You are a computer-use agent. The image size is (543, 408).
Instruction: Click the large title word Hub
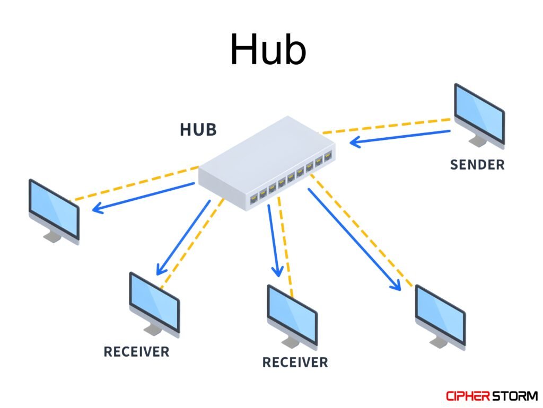(x=268, y=49)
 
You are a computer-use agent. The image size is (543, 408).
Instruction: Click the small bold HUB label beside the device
(x=198, y=129)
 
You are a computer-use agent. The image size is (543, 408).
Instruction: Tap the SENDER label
(x=477, y=165)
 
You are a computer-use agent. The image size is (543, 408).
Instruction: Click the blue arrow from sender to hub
(x=400, y=137)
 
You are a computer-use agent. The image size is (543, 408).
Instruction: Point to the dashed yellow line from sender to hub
(x=387, y=126)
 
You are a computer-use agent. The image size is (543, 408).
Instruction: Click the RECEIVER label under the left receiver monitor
(x=136, y=351)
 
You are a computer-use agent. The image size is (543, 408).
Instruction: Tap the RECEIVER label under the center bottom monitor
(x=295, y=362)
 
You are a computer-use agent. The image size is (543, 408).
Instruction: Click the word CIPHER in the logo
(x=469, y=396)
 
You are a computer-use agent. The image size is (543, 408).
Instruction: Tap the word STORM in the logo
(x=515, y=396)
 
